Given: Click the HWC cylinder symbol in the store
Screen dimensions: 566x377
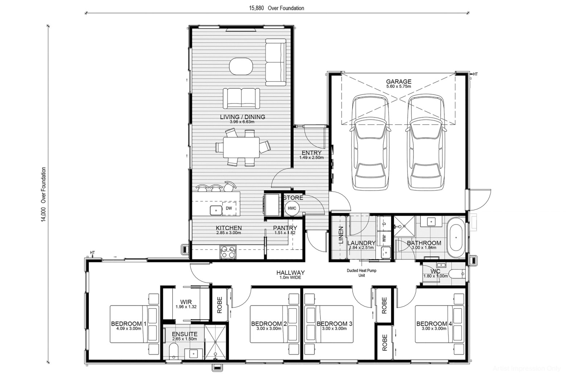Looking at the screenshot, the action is [x=292, y=208].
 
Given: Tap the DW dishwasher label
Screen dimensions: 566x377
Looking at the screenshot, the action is [x=229, y=208].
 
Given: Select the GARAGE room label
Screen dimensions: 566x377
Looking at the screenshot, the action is [x=398, y=82].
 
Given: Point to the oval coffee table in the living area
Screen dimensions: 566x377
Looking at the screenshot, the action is [x=241, y=66].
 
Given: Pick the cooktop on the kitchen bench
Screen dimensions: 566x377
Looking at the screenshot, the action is [x=228, y=252].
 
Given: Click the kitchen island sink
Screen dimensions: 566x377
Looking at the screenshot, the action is [x=216, y=210].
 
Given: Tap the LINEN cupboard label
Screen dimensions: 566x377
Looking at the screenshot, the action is [x=341, y=235].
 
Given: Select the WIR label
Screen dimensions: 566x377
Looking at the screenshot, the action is [x=186, y=302].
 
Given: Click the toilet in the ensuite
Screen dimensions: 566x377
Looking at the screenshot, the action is [x=173, y=351].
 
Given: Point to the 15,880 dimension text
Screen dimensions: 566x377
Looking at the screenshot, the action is [x=256, y=8].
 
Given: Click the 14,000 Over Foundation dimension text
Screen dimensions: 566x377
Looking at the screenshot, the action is [x=44, y=194].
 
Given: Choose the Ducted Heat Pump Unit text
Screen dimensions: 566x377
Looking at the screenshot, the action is [x=362, y=273].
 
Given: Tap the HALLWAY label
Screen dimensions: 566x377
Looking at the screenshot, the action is [x=290, y=273].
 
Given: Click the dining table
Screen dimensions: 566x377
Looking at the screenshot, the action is [x=241, y=147].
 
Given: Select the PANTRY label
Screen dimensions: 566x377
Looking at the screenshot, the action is [x=285, y=228].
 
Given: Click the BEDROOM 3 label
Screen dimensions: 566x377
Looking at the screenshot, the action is [x=334, y=324].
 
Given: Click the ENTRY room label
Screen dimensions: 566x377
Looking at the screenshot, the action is [x=311, y=153].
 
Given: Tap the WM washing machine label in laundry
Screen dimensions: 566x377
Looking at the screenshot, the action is [x=384, y=239].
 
